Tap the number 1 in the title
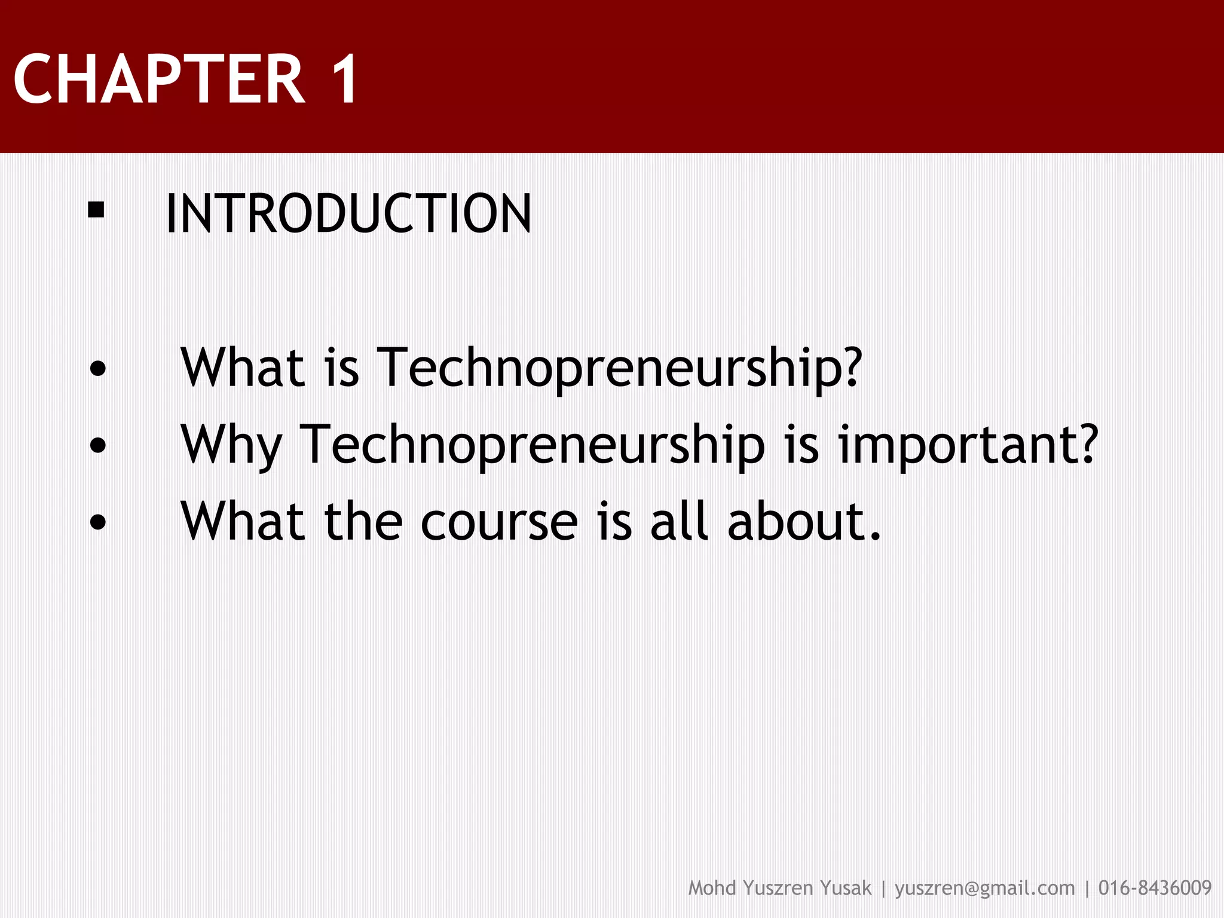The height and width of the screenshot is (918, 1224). coord(343,79)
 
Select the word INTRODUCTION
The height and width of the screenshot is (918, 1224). coord(348,214)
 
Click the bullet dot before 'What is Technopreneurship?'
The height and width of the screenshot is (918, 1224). coord(97,369)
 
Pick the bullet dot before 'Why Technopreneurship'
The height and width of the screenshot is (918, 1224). coord(97,445)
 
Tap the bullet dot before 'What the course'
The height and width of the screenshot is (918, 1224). coord(97,522)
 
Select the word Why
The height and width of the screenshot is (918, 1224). coord(231,445)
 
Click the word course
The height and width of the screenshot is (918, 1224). coord(499,522)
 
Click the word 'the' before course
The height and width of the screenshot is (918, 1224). coord(363,522)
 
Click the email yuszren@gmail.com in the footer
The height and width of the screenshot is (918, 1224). coord(984,889)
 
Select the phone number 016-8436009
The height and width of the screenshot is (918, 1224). coord(1155,889)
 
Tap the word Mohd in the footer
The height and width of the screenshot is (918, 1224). coord(712,889)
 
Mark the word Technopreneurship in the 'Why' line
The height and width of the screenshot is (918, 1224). coord(532,445)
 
